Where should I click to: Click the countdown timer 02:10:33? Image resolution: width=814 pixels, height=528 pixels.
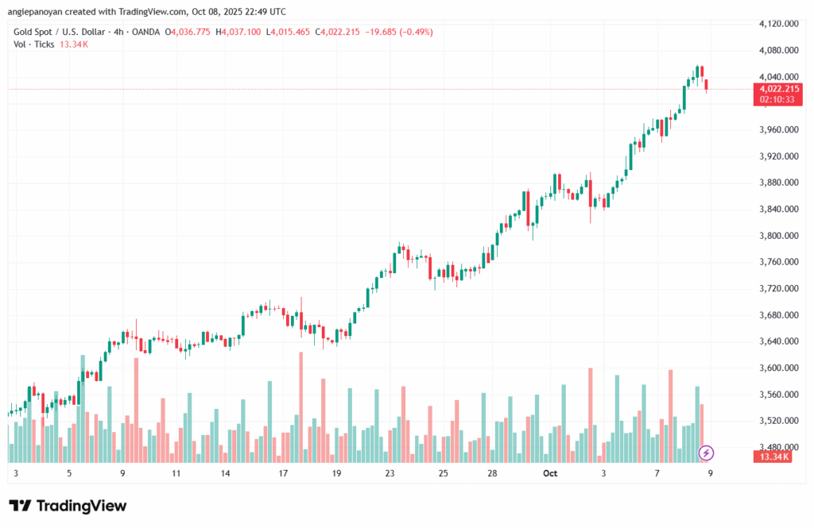click(775, 100)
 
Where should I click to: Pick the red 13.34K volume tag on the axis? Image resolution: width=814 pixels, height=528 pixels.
click(775, 457)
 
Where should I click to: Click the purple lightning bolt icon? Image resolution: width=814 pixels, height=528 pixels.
click(706, 453)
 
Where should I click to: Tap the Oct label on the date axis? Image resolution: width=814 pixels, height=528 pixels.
click(550, 473)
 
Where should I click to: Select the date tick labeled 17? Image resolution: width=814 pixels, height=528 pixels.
click(282, 473)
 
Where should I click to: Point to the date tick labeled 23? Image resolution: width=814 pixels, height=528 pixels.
click(390, 473)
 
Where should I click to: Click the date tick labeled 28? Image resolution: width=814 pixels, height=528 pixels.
click(493, 473)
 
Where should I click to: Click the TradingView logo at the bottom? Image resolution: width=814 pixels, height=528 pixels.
click(68, 506)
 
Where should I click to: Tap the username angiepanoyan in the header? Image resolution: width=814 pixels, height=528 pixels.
click(41, 12)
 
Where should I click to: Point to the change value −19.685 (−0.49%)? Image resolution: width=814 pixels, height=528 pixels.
click(398, 32)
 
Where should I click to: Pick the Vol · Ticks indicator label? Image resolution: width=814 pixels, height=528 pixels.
click(34, 44)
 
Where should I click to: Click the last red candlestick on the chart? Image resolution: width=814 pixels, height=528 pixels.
click(707, 85)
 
